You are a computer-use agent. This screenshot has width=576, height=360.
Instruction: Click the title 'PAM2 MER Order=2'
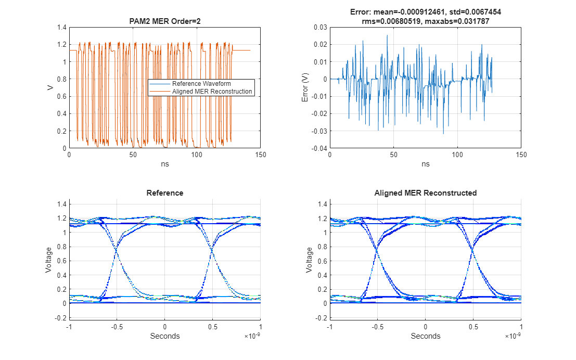[164, 21]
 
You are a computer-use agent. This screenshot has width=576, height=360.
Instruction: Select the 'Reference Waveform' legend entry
[201, 83]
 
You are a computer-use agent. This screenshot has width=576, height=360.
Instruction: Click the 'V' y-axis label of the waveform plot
[50, 87]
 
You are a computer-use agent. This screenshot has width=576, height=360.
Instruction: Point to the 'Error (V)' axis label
[305, 87]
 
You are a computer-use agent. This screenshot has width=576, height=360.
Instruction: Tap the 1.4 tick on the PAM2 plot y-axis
[61, 28]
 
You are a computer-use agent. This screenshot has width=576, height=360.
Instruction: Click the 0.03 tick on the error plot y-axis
[319, 28]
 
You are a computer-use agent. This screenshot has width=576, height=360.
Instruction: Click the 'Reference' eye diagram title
[164, 193]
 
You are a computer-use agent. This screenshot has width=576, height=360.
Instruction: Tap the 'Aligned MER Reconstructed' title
[425, 193]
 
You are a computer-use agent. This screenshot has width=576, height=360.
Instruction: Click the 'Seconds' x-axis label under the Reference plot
[164, 336]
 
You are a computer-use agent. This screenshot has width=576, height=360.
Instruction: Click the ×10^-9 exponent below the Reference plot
[252, 337]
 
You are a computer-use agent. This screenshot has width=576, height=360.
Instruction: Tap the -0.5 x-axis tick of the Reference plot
[116, 326]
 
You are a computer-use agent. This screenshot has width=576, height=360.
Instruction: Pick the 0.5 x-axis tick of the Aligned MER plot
[473, 326]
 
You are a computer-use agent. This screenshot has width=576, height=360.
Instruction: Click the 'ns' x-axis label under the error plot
[425, 164]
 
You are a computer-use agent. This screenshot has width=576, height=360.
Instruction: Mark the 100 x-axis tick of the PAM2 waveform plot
[197, 155]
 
